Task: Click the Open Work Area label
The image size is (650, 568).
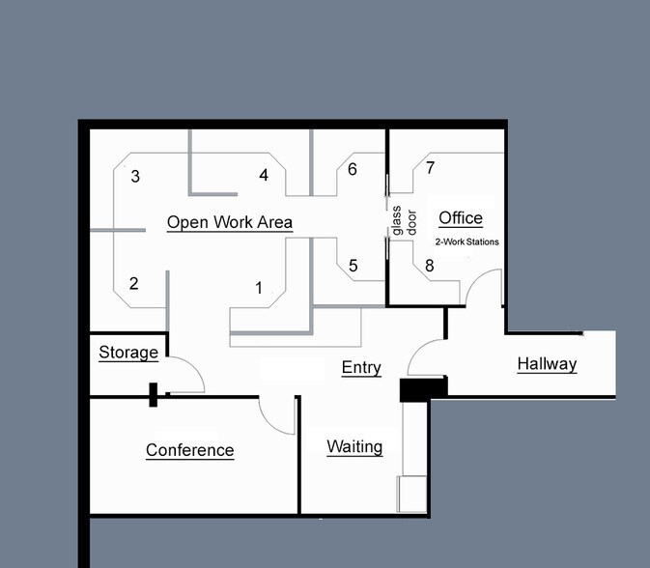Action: [230, 222]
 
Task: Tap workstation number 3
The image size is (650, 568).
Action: [135, 176]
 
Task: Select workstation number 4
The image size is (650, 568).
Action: [264, 175]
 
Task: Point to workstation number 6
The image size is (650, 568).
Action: [353, 169]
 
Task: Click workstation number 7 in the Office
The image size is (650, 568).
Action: [431, 167]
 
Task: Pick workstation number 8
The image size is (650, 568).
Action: [430, 266]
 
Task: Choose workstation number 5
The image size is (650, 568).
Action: [353, 266]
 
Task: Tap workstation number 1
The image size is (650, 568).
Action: [259, 287]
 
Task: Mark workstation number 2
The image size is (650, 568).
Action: [133, 283]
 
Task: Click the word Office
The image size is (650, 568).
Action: [461, 218]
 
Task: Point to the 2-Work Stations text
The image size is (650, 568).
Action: [466, 241]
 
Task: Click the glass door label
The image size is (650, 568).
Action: [404, 221]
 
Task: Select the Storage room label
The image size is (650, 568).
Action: [128, 353]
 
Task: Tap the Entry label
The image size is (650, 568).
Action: [361, 368]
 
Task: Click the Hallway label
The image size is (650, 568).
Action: [548, 364]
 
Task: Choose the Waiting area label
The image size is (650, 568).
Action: [354, 447]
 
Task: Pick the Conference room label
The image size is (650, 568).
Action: [190, 450]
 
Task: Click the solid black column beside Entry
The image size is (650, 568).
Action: [424, 389]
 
